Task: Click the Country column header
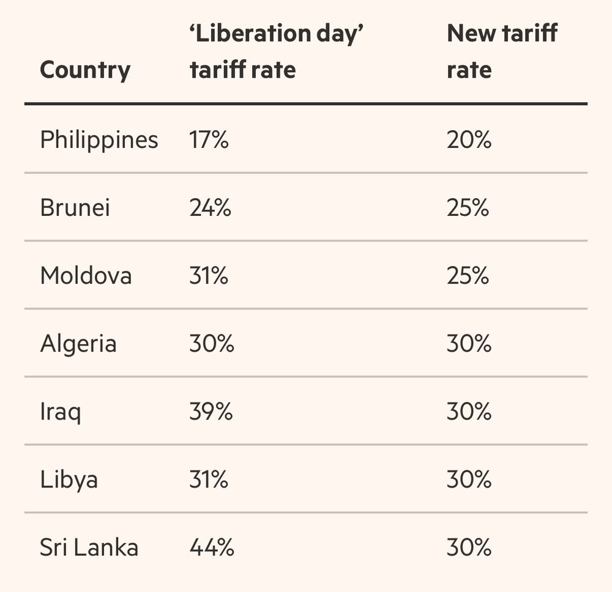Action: (x=85, y=70)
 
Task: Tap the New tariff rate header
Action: (x=502, y=52)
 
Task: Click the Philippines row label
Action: (x=99, y=141)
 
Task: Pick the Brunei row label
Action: (x=75, y=208)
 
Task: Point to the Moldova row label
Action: (x=86, y=276)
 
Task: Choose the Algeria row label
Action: (x=78, y=344)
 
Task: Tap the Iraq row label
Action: (x=61, y=412)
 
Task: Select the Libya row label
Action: (x=69, y=479)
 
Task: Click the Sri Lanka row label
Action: (x=89, y=547)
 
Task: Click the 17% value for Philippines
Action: (x=209, y=141)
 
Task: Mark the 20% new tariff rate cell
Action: (x=469, y=141)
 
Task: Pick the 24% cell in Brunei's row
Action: (x=211, y=208)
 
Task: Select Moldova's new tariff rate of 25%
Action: (x=468, y=276)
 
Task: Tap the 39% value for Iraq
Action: (x=211, y=412)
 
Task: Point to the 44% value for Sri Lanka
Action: (x=212, y=547)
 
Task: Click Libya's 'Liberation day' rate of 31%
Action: (x=209, y=479)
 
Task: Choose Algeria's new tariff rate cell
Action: (x=469, y=344)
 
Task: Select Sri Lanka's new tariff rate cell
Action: (x=469, y=547)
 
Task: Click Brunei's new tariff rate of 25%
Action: (x=468, y=208)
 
